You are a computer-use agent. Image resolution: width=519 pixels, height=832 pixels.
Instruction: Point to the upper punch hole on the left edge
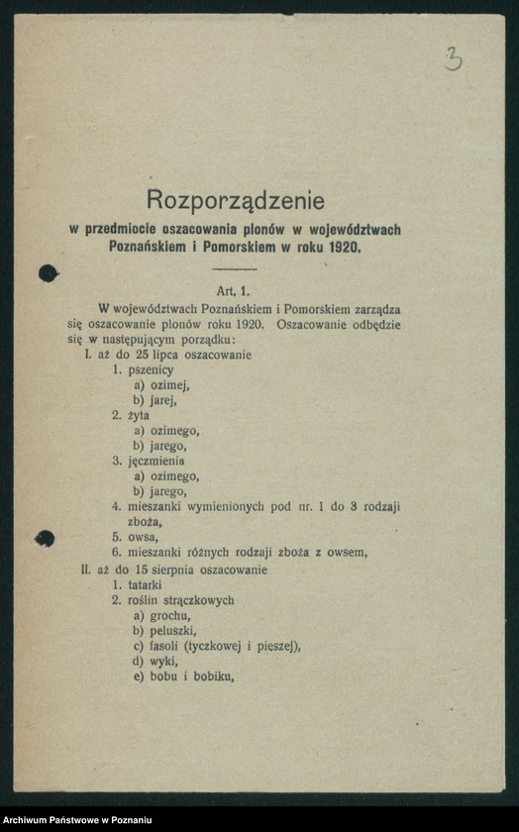pos(46,273)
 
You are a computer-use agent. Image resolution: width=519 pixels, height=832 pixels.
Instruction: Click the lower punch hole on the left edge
pos(45,539)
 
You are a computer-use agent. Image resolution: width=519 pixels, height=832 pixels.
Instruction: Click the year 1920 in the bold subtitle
pos(343,247)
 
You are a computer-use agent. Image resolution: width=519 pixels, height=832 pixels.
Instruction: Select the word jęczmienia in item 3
pos(154,461)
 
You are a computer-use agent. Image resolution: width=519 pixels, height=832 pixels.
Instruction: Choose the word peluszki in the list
pos(172,631)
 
